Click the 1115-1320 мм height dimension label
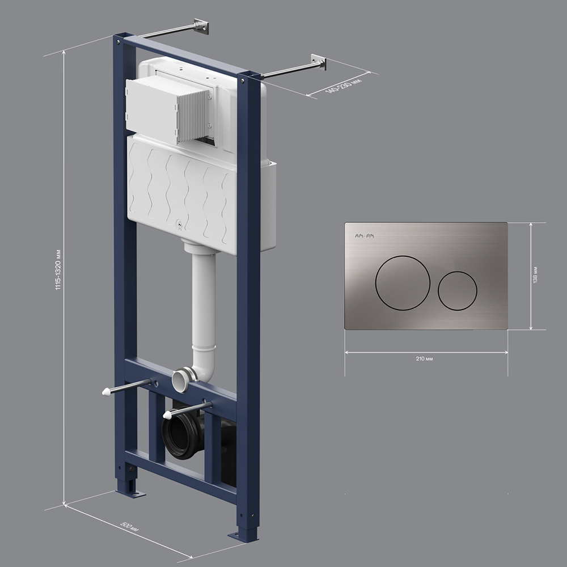58,270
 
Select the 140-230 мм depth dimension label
343,86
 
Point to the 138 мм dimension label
535,274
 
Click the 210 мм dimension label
424,359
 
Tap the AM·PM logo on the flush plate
365,236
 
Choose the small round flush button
458,291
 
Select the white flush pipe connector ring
183,380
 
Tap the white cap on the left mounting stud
106,392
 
